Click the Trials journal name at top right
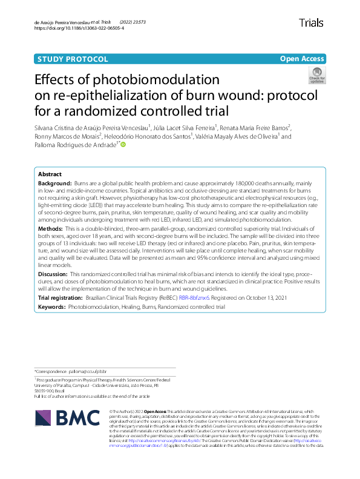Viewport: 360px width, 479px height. click(x=311, y=23)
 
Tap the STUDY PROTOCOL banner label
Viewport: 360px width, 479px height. click(x=73, y=59)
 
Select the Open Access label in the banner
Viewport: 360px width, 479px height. click(x=302, y=59)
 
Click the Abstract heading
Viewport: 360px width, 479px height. click(x=51, y=174)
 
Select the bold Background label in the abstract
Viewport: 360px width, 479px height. click(x=55, y=182)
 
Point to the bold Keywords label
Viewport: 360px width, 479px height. click(x=53, y=307)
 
